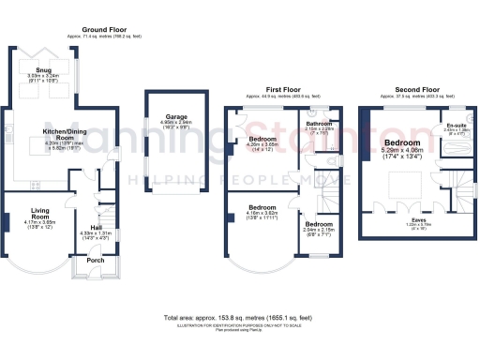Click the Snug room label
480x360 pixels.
click(44, 70)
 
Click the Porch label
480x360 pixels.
click(96, 261)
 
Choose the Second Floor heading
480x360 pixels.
click(412, 90)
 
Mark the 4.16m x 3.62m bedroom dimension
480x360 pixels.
click(258, 213)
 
